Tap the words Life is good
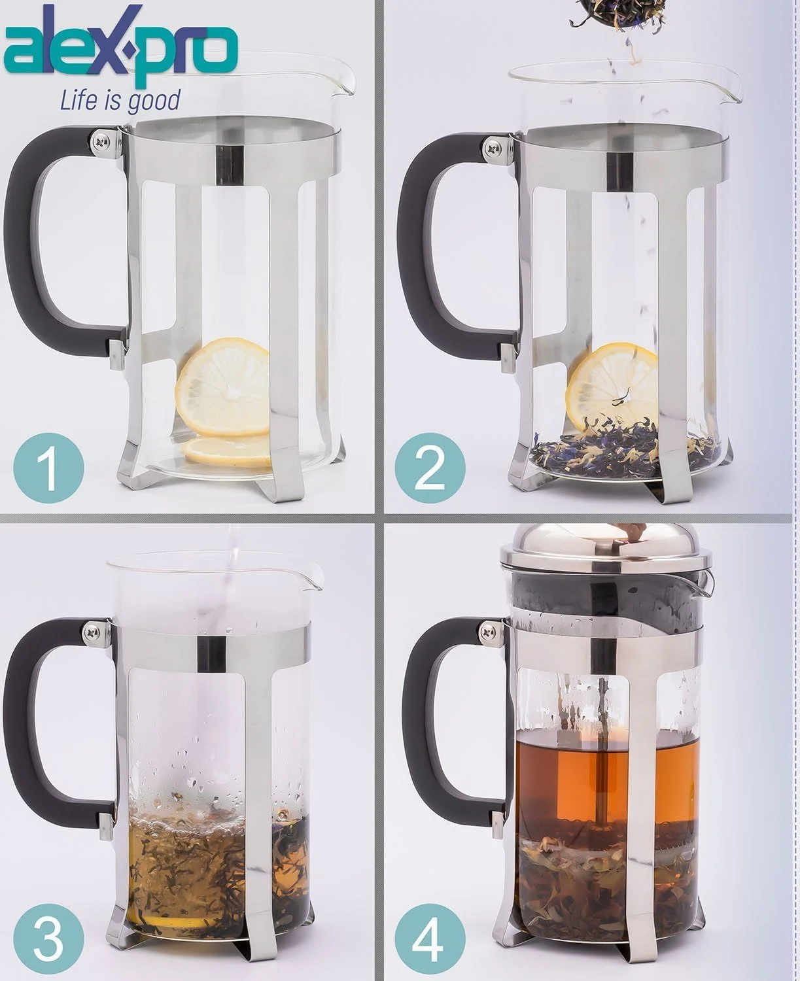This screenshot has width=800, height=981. [x=120, y=100]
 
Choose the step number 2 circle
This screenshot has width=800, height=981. [x=431, y=466]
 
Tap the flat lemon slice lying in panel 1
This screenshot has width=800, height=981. [x=226, y=450]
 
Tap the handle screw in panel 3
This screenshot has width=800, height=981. [x=91, y=630]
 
